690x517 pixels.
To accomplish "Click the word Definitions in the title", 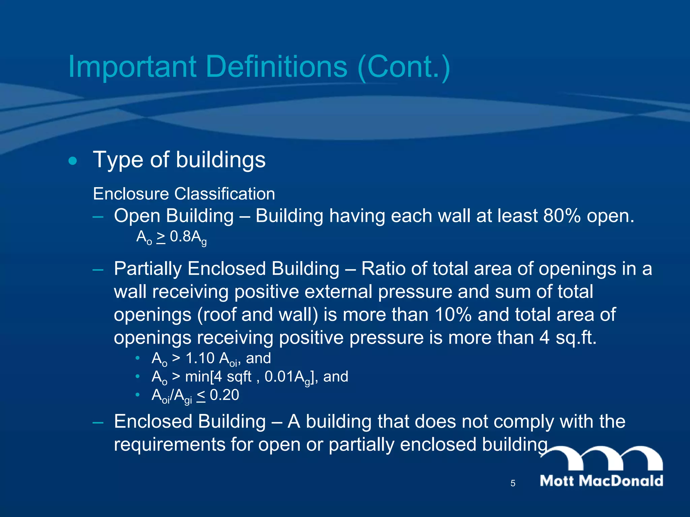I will coord(276,66).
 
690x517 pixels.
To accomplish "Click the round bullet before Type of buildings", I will coord(72,161).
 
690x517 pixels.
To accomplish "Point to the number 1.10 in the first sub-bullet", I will coord(200,358).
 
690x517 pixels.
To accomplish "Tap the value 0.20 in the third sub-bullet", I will coord(224,395).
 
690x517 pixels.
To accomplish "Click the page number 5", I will coord(513,483).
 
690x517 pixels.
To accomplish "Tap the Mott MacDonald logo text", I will coord(601,481).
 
